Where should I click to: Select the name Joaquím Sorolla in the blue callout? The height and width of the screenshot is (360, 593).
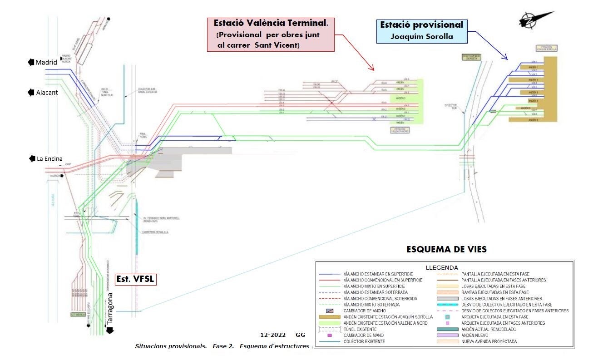point(422,36)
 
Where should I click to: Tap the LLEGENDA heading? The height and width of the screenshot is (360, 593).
point(442,267)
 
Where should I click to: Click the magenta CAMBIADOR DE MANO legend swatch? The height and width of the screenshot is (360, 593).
point(330,335)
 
